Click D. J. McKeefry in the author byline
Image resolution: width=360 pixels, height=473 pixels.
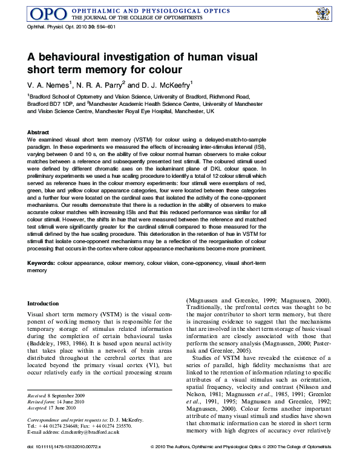click(x=166, y=84)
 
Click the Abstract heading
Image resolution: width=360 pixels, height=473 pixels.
click(x=38, y=132)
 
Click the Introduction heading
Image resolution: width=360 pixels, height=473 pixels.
click(x=43, y=303)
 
